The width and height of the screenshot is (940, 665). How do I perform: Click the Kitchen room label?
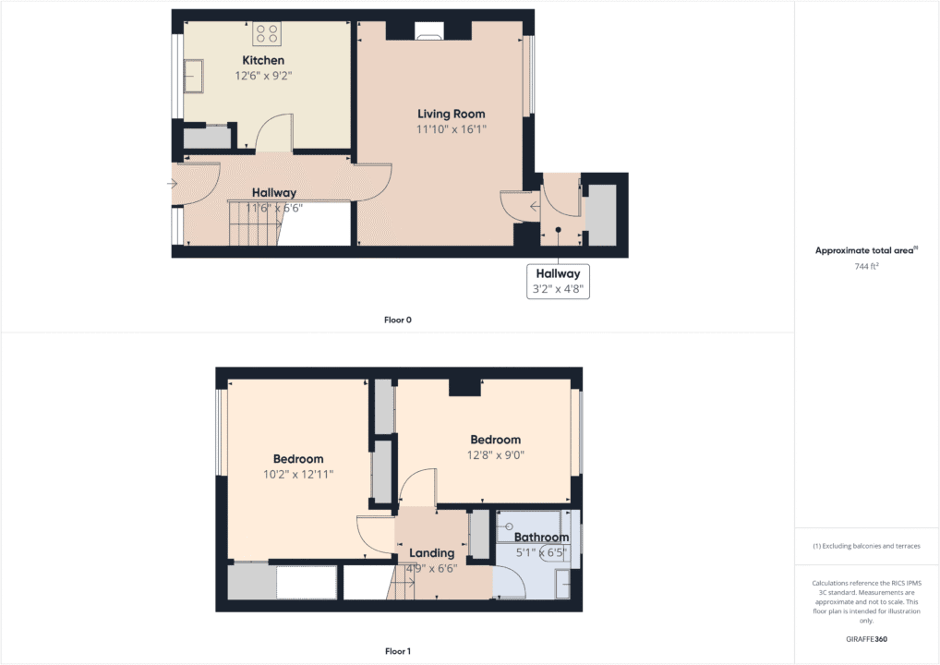coord(263,61)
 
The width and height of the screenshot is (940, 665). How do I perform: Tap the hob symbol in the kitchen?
coord(267,34)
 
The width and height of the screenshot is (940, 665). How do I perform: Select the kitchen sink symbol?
coord(196,76)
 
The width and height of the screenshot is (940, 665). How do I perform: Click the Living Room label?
coord(451,115)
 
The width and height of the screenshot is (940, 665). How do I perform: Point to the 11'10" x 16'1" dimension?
coord(451,130)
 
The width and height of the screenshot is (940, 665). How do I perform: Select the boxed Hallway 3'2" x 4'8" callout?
coord(558,281)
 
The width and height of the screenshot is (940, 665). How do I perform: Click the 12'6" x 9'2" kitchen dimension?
coord(263,77)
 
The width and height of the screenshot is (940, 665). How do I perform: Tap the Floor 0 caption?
coord(397,320)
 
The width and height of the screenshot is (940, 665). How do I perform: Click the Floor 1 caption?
coord(397,651)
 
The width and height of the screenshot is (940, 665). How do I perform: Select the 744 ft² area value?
coord(865,267)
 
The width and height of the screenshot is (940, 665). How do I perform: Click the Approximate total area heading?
coord(865,250)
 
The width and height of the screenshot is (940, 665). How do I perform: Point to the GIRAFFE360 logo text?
coord(866,638)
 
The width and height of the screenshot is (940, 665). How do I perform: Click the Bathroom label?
coord(541,538)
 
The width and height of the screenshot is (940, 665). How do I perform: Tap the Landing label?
coord(432,553)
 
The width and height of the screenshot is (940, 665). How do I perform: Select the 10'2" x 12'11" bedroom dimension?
coord(298,474)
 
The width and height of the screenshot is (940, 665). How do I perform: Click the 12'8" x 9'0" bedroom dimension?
coord(495,454)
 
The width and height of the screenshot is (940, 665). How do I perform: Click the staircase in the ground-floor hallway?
coord(252,224)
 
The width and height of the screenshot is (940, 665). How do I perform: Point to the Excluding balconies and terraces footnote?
coord(866,546)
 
